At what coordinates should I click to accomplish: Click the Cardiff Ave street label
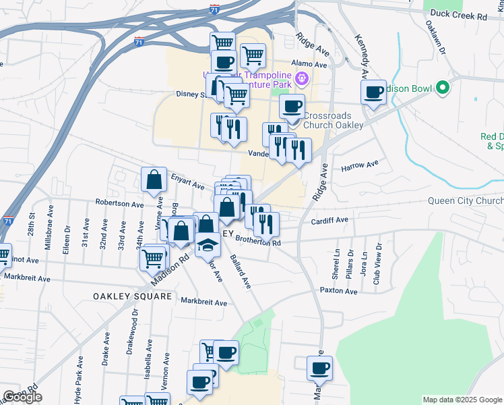click(x=329, y=221)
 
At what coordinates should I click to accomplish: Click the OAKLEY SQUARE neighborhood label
click(x=133, y=296)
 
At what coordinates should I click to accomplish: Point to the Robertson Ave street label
click(x=119, y=203)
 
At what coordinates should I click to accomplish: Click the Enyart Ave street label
click(x=188, y=182)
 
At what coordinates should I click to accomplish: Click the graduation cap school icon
click(x=208, y=246)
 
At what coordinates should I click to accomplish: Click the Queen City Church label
click(x=466, y=201)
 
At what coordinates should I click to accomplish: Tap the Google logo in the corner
click(x=22, y=396)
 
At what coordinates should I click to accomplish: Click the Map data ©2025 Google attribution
click(x=462, y=400)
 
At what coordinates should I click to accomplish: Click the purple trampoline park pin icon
click(x=301, y=79)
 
